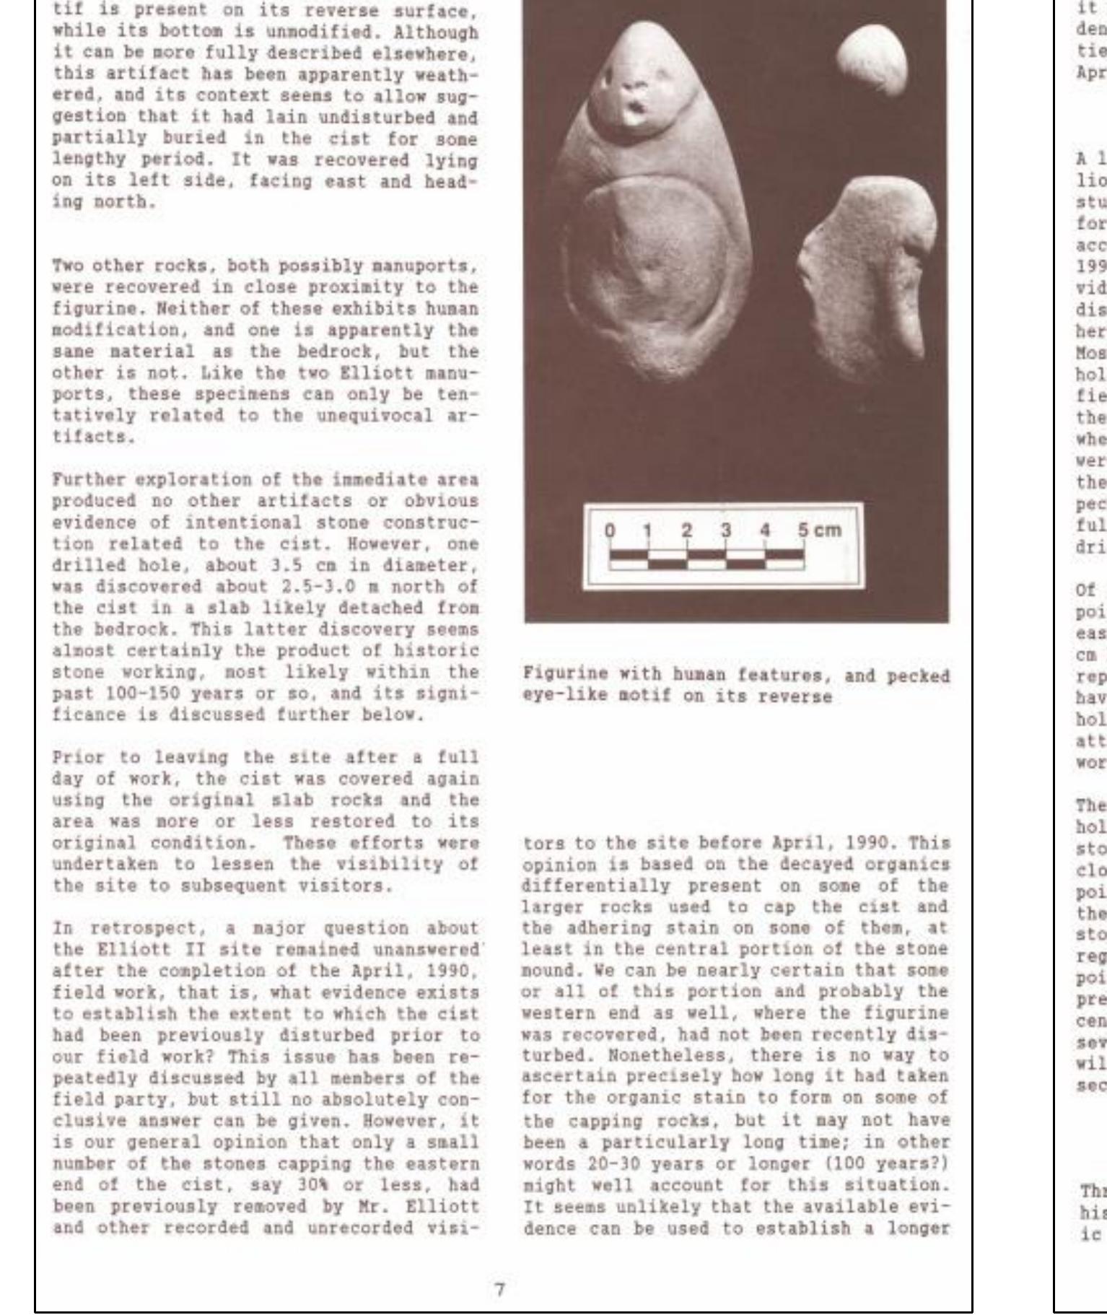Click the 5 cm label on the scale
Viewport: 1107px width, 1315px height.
tap(819, 530)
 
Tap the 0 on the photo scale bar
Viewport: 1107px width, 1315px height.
tap(610, 531)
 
